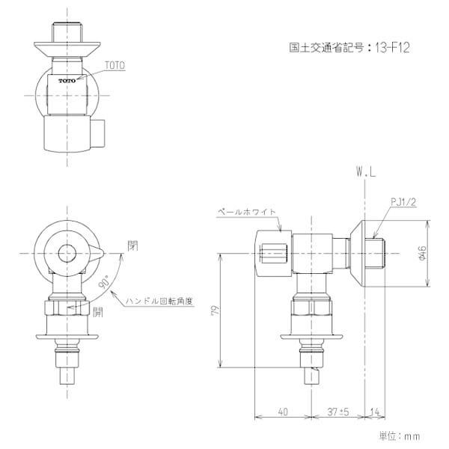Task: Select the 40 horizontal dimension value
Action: click(x=282, y=411)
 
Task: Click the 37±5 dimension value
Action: click(x=338, y=411)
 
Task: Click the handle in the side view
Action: click(x=274, y=247)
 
